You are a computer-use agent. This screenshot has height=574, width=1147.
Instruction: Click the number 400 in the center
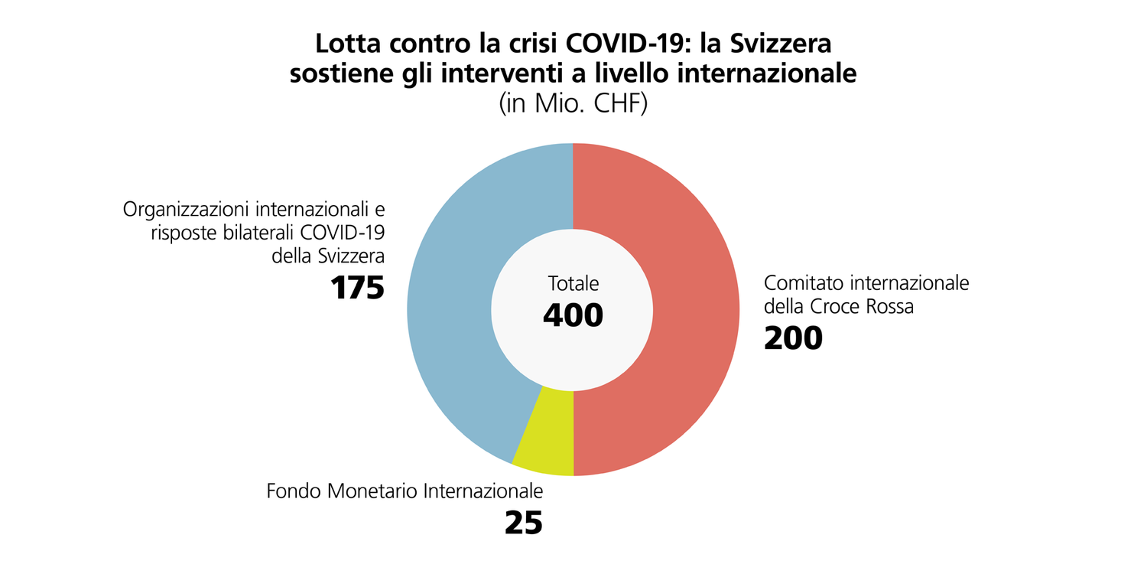tap(573, 315)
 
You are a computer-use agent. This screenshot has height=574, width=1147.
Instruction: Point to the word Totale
tap(573, 283)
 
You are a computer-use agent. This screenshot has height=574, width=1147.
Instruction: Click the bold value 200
tap(793, 338)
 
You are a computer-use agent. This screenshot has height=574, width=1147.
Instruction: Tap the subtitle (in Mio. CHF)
tap(573, 103)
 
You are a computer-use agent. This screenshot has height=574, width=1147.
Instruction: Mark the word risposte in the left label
tap(177, 232)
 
